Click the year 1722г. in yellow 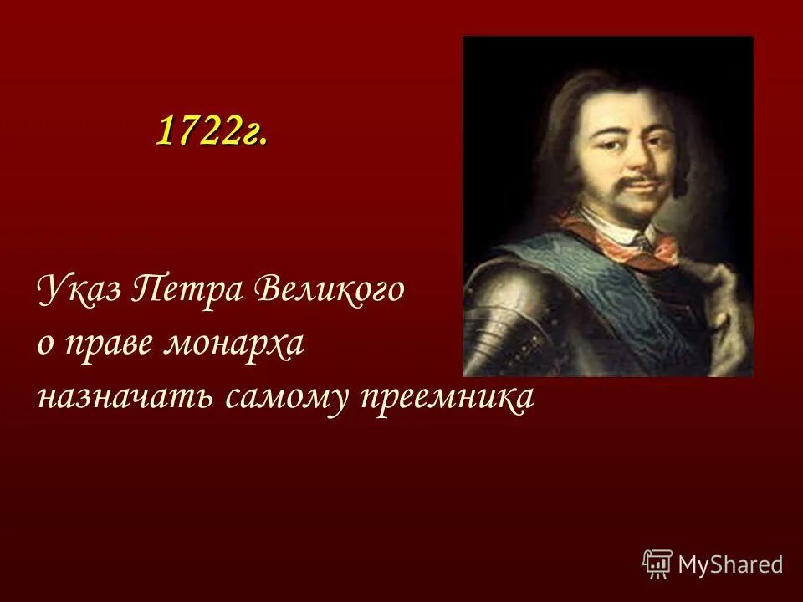(212, 131)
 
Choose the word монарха (244, 345)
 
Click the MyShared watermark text (731, 564)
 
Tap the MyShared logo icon (657, 564)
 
